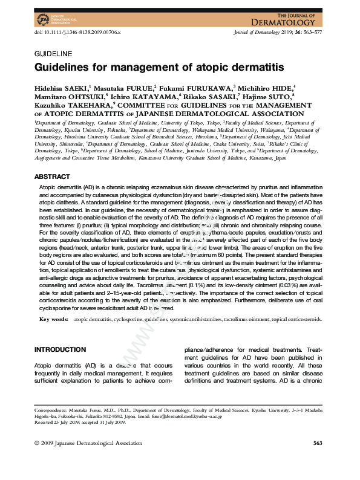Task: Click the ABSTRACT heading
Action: [52, 177]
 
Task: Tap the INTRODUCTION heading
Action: [60, 349]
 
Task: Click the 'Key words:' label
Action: [54, 319]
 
